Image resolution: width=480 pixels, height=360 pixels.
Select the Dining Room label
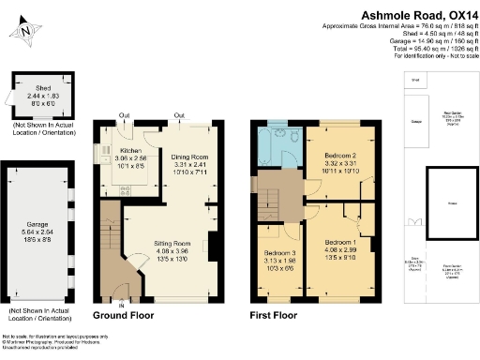[x=188, y=158]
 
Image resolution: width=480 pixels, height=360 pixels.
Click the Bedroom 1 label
[x=334, y=243]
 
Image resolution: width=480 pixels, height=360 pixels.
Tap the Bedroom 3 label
[x=280, y=256]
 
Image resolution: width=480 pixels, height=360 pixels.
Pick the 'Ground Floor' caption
[x=123, y=317]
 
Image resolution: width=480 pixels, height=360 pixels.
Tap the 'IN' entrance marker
[x=120, y=305]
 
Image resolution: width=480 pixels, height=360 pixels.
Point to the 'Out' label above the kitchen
[x=124, y=116]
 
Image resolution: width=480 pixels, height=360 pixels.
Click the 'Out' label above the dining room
[x=178, y=116]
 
